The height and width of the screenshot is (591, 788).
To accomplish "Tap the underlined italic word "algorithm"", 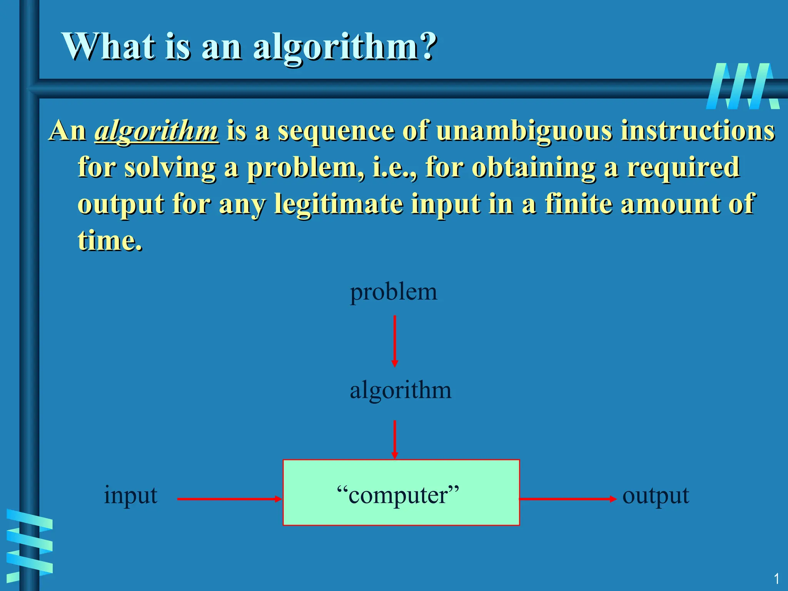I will point(157,131).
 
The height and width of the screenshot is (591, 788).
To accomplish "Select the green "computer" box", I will point(401,492).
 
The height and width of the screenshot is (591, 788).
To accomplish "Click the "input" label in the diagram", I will point(130,495).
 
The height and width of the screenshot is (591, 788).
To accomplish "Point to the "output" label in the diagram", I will point(655,496).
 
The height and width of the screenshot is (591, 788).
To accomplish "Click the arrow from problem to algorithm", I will point(394,341).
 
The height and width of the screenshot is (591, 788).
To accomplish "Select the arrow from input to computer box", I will point(229,499).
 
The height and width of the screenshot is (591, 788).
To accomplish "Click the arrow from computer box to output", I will point(568,499).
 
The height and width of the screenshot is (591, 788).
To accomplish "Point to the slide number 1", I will point(776,579).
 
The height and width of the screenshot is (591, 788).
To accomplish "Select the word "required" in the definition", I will point(683,167).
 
